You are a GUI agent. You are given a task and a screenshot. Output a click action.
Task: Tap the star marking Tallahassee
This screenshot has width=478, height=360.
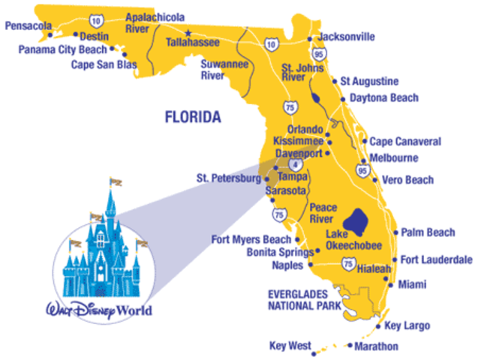tap(188, 31)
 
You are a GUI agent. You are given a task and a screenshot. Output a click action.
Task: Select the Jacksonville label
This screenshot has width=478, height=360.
tap(346, 37)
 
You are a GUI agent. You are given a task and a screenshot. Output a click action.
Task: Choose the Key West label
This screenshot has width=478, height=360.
tap(289, 346)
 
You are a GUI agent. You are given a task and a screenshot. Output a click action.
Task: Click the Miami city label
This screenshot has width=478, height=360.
tap(412, 284)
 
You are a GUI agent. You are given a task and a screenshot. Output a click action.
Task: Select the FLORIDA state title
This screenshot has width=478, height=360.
tap(194, 117)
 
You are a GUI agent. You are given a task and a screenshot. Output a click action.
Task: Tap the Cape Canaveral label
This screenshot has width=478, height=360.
tap(405, 141)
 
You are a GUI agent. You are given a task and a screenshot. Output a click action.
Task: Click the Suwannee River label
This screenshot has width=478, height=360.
tap(220, 69)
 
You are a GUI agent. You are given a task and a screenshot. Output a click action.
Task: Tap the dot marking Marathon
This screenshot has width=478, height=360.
tap(350, 346)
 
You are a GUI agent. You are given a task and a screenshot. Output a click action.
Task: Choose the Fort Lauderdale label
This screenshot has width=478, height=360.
tap(436, 260)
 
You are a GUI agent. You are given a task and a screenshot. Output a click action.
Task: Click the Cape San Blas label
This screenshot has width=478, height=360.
tap(104, 64)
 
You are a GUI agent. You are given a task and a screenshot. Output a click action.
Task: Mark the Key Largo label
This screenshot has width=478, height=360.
tap(408, 326)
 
